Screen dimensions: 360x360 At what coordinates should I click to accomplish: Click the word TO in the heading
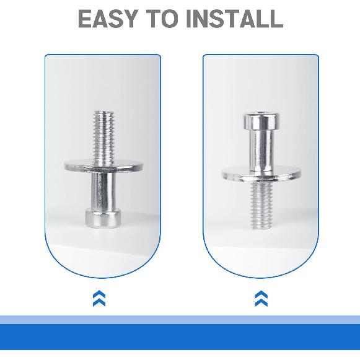pos(162,19)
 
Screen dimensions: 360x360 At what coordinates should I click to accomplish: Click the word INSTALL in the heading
pos(235,19)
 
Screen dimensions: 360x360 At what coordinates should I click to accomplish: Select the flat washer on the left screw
pos(103,167)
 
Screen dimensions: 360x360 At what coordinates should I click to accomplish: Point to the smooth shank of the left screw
pos(103,191)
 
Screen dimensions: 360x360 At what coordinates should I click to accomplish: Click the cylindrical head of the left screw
pos(103,218)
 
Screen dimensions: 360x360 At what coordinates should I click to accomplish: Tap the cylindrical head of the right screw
pos(262,121)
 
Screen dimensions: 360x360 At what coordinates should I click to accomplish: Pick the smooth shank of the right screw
pos(261,150)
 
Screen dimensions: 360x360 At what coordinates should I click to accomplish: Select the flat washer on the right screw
pos(261,174)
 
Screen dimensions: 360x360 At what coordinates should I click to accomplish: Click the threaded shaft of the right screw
pos(261,206)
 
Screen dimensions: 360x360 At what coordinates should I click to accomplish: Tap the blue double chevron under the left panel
pos(99,298)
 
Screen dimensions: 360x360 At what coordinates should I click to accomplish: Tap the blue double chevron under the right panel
pos(261,299)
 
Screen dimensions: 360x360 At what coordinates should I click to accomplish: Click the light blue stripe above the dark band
pos(180,320)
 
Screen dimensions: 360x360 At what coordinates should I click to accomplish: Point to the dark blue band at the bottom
pos(180,337)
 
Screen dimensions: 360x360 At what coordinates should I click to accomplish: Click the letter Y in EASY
pos(130,19)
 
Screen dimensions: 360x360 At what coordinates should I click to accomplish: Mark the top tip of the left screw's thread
pos(104,111)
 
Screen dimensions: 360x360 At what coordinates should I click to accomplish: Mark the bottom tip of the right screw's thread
pos(261,229)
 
